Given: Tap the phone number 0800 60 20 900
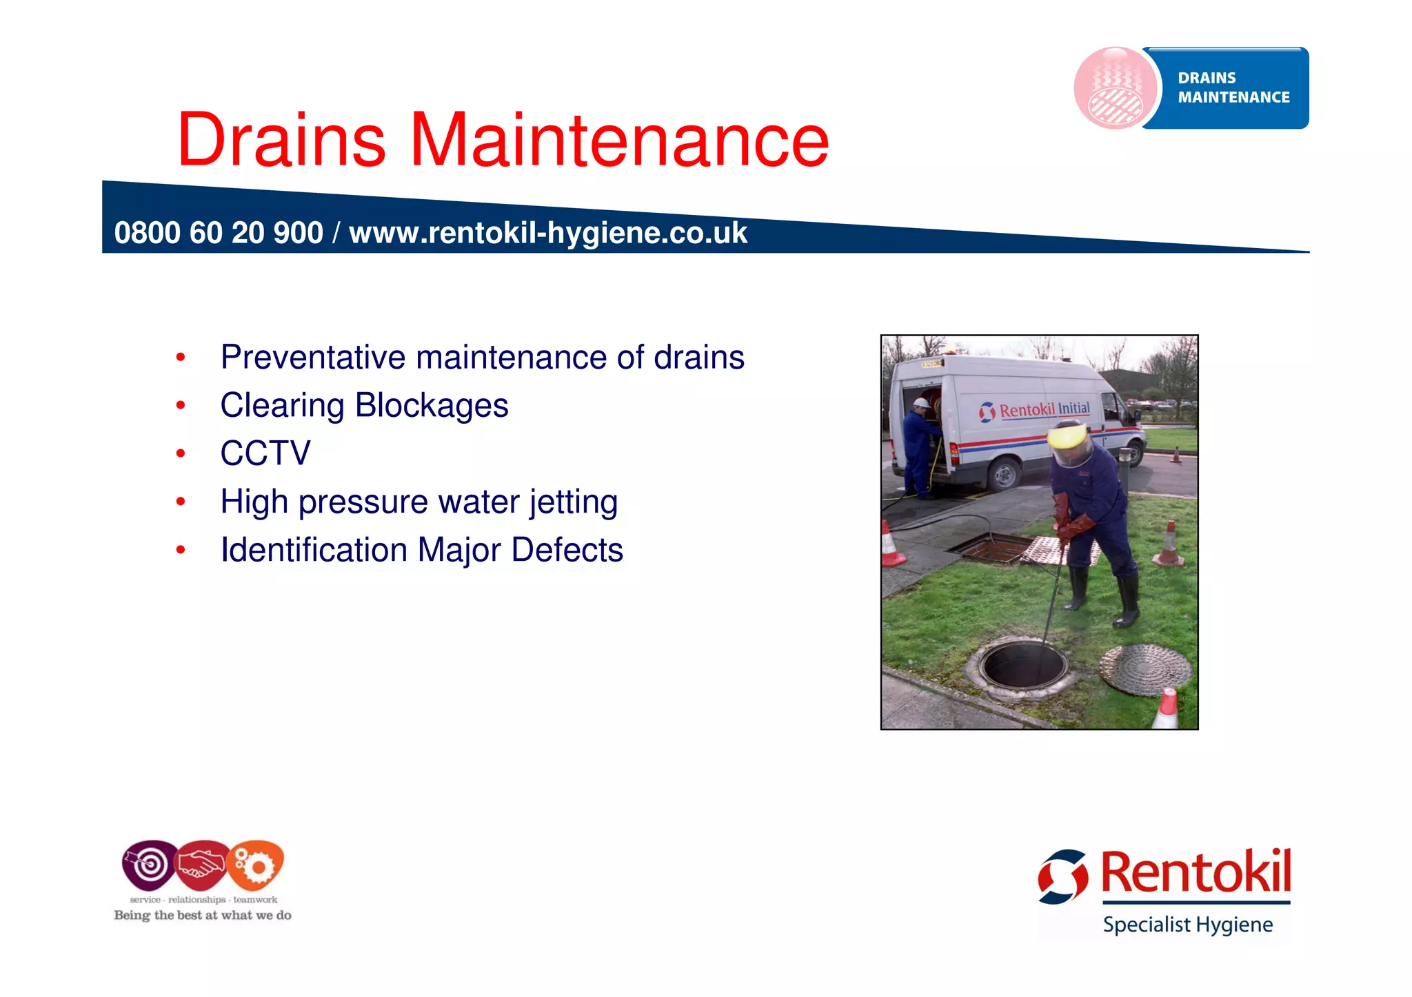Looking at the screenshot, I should pyautogui.click(x=218, y=233).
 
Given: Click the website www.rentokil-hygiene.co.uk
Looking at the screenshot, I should pyautogui.click(x=548, y=233).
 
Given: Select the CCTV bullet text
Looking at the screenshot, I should pyautogui.click(x=265, y=453).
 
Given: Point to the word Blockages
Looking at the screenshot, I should pyautogui.click(x=432, y=405).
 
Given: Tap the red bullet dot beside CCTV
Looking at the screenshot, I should pyautogui.click(x=181, y=453).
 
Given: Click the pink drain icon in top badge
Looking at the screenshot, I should pyautogui.click(x=1116, y=89).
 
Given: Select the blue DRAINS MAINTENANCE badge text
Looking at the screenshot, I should pyautogui.click(x=1233, y=88).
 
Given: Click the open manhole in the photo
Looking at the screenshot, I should pyautogui.click(x=1024, y=666).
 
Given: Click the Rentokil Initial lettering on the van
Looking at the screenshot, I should pyautogui.click(x=1044, y=410).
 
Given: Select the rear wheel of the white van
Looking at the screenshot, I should pyautogui.click(x=1004, y=474).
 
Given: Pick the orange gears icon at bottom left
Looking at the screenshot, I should pyautogui.click(x=256, y=864).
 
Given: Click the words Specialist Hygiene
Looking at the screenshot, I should pyautogui.click(x=1187, y=925).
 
